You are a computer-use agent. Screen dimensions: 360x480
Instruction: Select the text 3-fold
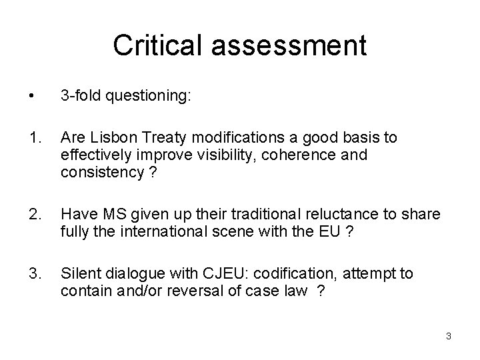pos(77,97)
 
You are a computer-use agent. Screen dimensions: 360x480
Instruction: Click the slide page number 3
pos(449,336)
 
